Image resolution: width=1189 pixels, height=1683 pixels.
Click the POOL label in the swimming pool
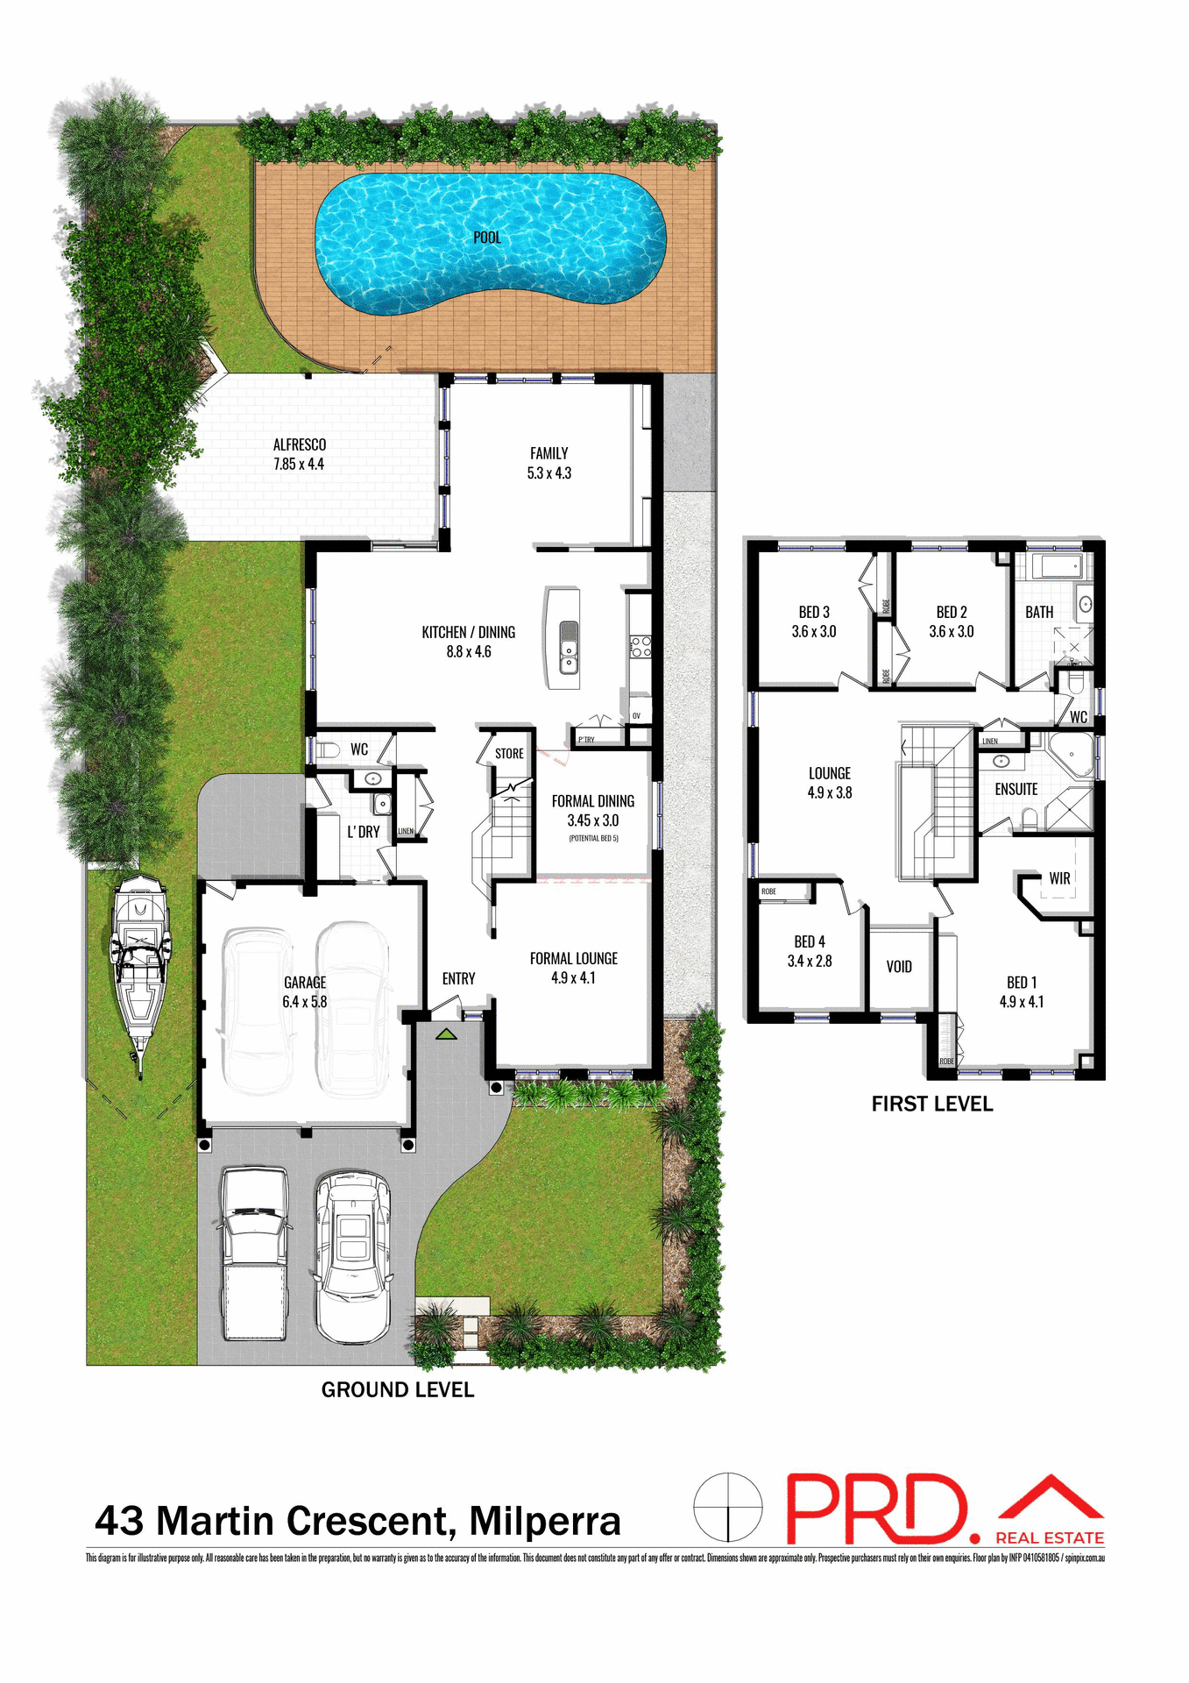click(x=487, y=238)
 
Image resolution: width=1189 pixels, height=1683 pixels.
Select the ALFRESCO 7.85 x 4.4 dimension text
click(x=299, y=465)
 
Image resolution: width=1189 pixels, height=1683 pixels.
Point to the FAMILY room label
click(x=548, y=453)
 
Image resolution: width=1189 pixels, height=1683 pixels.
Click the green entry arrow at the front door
click(x=446, y=1034)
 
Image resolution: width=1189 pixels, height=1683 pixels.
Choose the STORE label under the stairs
click(x=509, y=754)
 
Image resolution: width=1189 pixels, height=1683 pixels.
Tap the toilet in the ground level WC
click(x=328, y=750)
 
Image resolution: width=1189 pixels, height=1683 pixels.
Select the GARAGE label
click(x=305, y=983)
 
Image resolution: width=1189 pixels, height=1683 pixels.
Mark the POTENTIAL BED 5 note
click(x=593, y=839)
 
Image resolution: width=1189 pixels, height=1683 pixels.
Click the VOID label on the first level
click(x=899, y=967)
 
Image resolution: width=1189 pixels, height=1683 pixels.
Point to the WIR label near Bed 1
click(x=1059, y=878)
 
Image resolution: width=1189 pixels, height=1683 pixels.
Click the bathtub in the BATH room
click(x=1058, y=566)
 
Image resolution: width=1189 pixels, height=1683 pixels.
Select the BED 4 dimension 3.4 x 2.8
click(x=810, y=962)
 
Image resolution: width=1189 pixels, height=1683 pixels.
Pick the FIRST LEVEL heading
click(x=931, y=1104)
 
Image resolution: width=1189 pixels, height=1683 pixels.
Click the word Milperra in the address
click(x=544, y=1522)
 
